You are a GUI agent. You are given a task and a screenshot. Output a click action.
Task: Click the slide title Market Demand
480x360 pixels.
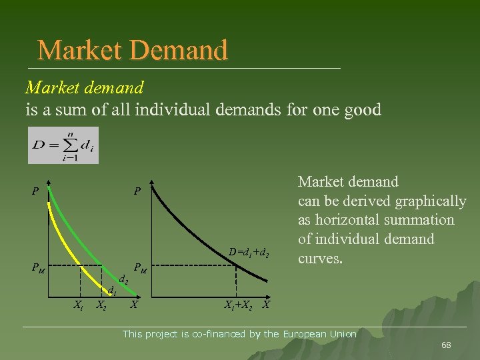coord(133,50)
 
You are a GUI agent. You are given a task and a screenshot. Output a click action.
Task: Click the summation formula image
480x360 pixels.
coord(63,145)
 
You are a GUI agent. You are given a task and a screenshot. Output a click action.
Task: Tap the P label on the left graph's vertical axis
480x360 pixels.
coord(35,192)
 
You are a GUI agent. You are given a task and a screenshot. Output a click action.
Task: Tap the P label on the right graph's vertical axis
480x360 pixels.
coord(137,192)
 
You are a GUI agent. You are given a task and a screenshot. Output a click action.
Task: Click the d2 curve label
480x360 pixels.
coord(123,281)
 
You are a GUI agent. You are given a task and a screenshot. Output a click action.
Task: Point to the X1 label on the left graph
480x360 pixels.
coord(78,305)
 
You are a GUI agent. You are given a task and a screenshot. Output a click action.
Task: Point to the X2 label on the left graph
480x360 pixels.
coord(102,305)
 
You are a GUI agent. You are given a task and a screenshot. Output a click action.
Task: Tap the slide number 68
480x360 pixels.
coord(446,345)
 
